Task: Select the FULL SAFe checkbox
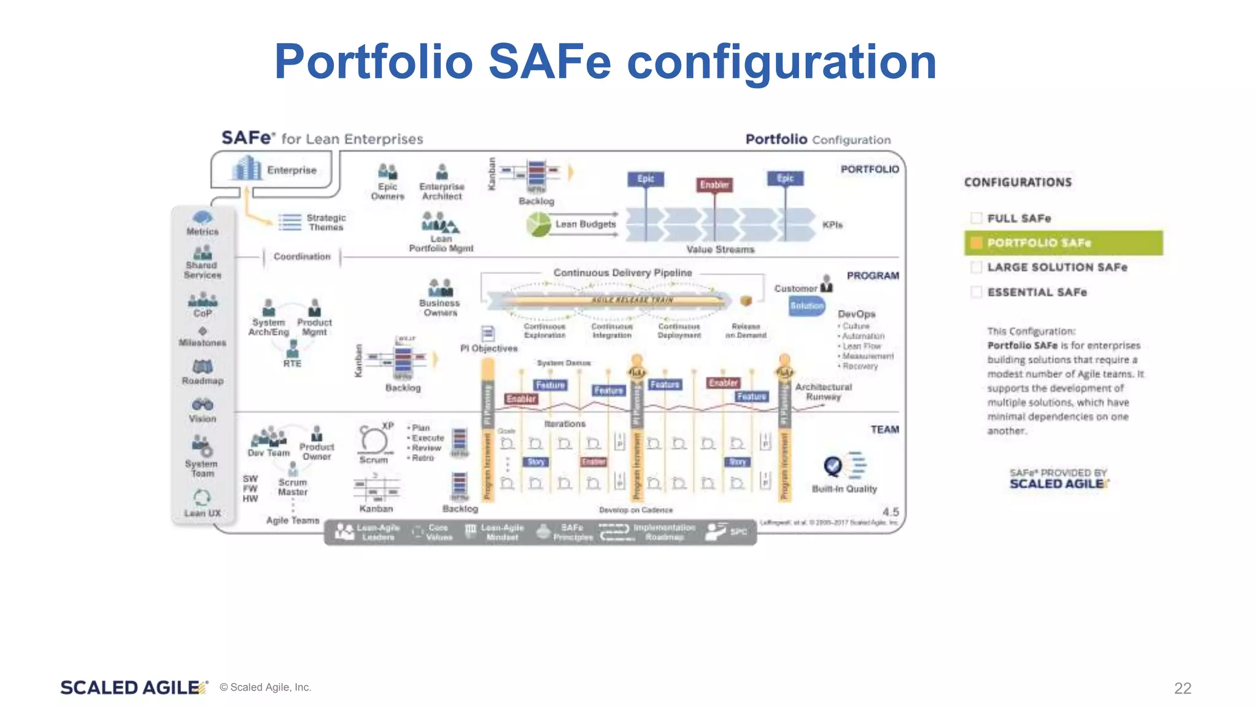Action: (977, 218)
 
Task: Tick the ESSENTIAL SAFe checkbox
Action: (977, 292)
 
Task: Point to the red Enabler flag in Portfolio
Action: (714, 185)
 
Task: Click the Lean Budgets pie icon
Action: (539, 225)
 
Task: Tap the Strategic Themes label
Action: (326, 222)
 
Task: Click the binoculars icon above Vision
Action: (203, 404)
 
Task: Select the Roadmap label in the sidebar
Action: (203, 381)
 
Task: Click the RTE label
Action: (292, 363)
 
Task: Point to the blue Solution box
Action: (806, 306)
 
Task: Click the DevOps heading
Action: (856, 314)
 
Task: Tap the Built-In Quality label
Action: (844, 489)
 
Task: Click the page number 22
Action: (1182, 688)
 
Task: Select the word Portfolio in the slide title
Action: (373, 62)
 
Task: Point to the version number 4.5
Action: (890, 512)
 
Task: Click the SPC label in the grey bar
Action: (738, 531)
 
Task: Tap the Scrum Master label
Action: (293, 487)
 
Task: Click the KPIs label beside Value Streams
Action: (832, 225)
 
